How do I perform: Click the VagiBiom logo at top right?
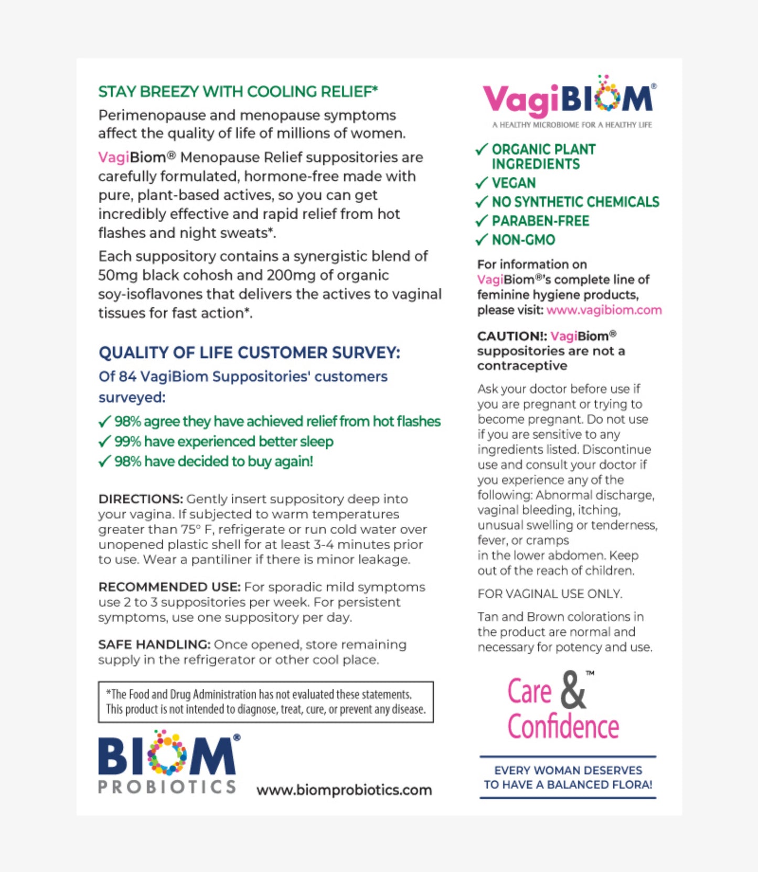pyautogui.click(x=569, y=99)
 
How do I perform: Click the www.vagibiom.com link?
pyautogui.click(x=604, y=310)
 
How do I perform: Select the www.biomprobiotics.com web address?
pyautogui.click(x=344, y=790)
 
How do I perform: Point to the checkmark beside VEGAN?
pyautogui.click(x=482, y=183)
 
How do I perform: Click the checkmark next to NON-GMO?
pyautogui.click(x=482, y=240)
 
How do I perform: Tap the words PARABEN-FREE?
pyautogui.click(x=540, y=221)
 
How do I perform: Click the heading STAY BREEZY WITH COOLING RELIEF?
pyautogui.click(x=238, y=92)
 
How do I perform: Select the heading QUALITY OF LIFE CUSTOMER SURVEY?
pyautogui.click(x=249, y=353)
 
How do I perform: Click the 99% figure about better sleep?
pyautogui.click(x=127, y=442)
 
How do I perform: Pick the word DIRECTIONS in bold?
pyautogui.click(x=140, y=499)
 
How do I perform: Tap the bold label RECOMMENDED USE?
pyautogui.click(x=169, y=587)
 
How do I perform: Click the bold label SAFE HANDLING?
pyautogui.click(x=154, y=645)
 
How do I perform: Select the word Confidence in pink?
pyautogui.click(x=563, y=727)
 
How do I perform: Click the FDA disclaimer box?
pyautogui.click(x=265, y=702)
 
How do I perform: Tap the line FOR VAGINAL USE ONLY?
pyautogui.click(x=549, y=594)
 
